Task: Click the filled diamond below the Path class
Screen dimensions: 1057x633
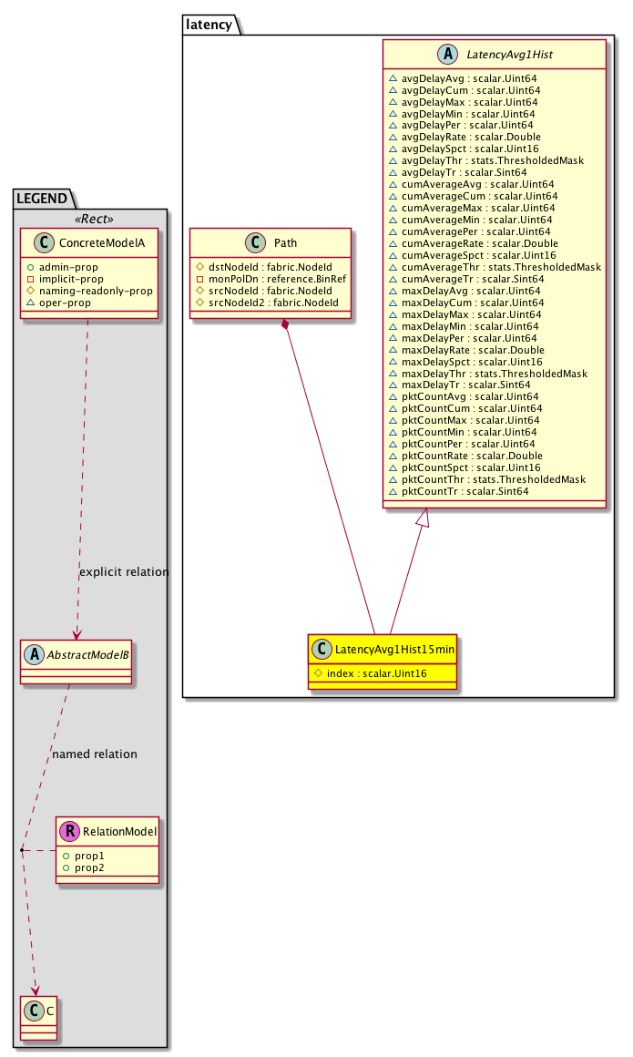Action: point(286,324)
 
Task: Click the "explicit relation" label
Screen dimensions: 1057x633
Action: point(124,572)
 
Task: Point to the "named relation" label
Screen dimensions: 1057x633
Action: point(95,754)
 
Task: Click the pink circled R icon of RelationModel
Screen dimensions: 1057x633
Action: point(69,831)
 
